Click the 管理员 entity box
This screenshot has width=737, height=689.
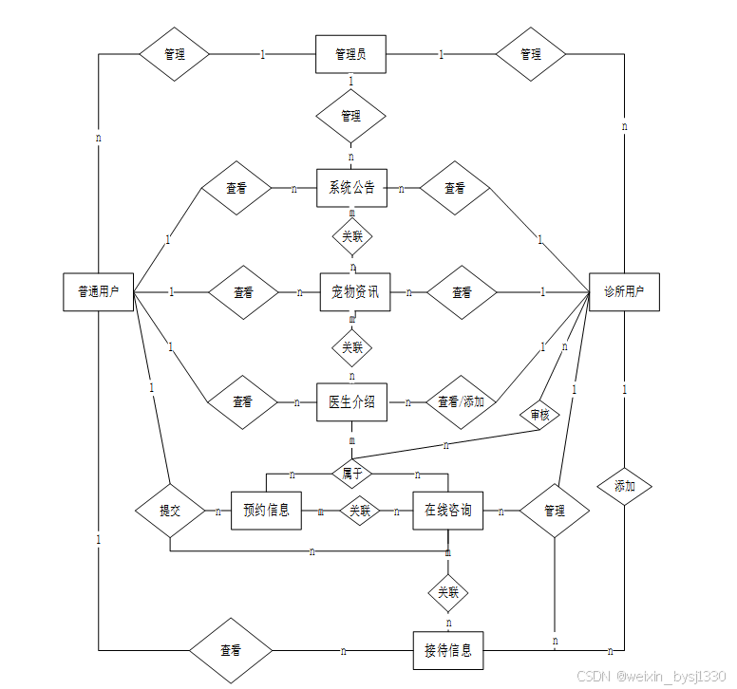tap(351, 54)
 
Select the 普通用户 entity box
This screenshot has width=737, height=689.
tap(98, 291)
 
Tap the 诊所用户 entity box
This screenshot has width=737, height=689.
tap(624, 291)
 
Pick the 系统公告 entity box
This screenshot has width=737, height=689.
tap(351, 188)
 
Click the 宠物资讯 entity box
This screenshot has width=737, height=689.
tap(355, 291)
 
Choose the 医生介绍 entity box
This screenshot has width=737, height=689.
tap(351, 401)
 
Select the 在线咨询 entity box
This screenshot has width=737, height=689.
tap(448, 511)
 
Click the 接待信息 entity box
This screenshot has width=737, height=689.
tap(448, 651)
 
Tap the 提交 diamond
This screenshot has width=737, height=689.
tap(170, 511)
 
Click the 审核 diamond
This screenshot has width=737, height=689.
tap(539, 415)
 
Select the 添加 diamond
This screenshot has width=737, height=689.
tap(624, 486)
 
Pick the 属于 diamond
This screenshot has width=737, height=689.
tap(351, 471)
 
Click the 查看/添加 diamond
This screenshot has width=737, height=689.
tap(461, 401)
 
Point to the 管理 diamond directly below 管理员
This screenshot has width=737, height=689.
tap(351, 116)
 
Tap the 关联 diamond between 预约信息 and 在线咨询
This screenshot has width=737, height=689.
tap(359, 511)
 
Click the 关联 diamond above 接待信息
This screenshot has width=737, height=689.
tap(448, 593)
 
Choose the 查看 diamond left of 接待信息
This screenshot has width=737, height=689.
tap(231, 650)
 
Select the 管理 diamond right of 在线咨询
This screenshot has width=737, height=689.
tap(555, 511)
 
